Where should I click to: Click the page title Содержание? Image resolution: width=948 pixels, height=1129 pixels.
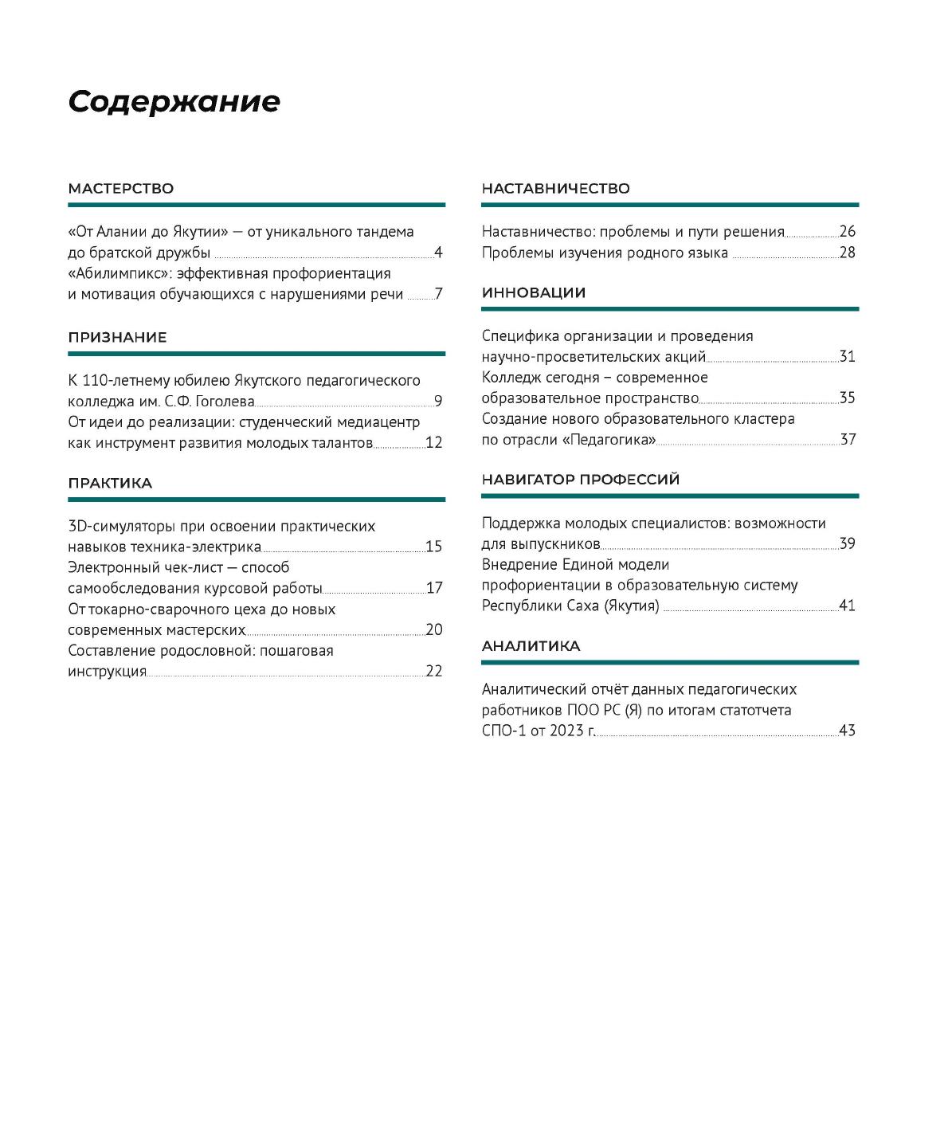coord(174,102)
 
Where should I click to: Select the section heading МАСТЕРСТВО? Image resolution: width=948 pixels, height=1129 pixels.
coord(120,189)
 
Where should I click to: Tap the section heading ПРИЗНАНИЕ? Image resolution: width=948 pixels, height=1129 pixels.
coord(117,337)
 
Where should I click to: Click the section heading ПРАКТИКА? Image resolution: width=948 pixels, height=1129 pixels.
coord(110,484)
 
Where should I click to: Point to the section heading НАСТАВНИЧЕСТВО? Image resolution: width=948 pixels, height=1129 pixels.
coord(555,189)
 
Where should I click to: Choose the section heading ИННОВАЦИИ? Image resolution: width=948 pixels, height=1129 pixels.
coord(533,293)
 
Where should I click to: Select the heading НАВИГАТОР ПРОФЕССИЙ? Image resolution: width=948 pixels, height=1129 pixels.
coord(580,480)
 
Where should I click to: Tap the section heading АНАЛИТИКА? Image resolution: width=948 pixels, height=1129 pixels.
coord(531,646)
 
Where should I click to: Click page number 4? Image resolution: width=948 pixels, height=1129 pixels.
coord(438,253)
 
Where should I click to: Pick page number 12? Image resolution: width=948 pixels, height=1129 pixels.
coord(433,442)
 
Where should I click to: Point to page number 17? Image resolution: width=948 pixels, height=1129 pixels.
coord(434,588)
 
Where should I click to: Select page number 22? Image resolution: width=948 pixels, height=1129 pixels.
coord(434,671)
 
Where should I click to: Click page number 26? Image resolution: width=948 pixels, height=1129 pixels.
coord(848,232)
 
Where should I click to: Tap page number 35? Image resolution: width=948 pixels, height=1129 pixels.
coord(848,398)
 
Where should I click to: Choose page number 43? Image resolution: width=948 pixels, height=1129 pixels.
coord(848,731)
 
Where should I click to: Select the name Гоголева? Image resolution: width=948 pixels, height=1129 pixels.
coord(225,402)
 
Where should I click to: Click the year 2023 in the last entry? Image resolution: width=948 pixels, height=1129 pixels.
coord(566,731)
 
